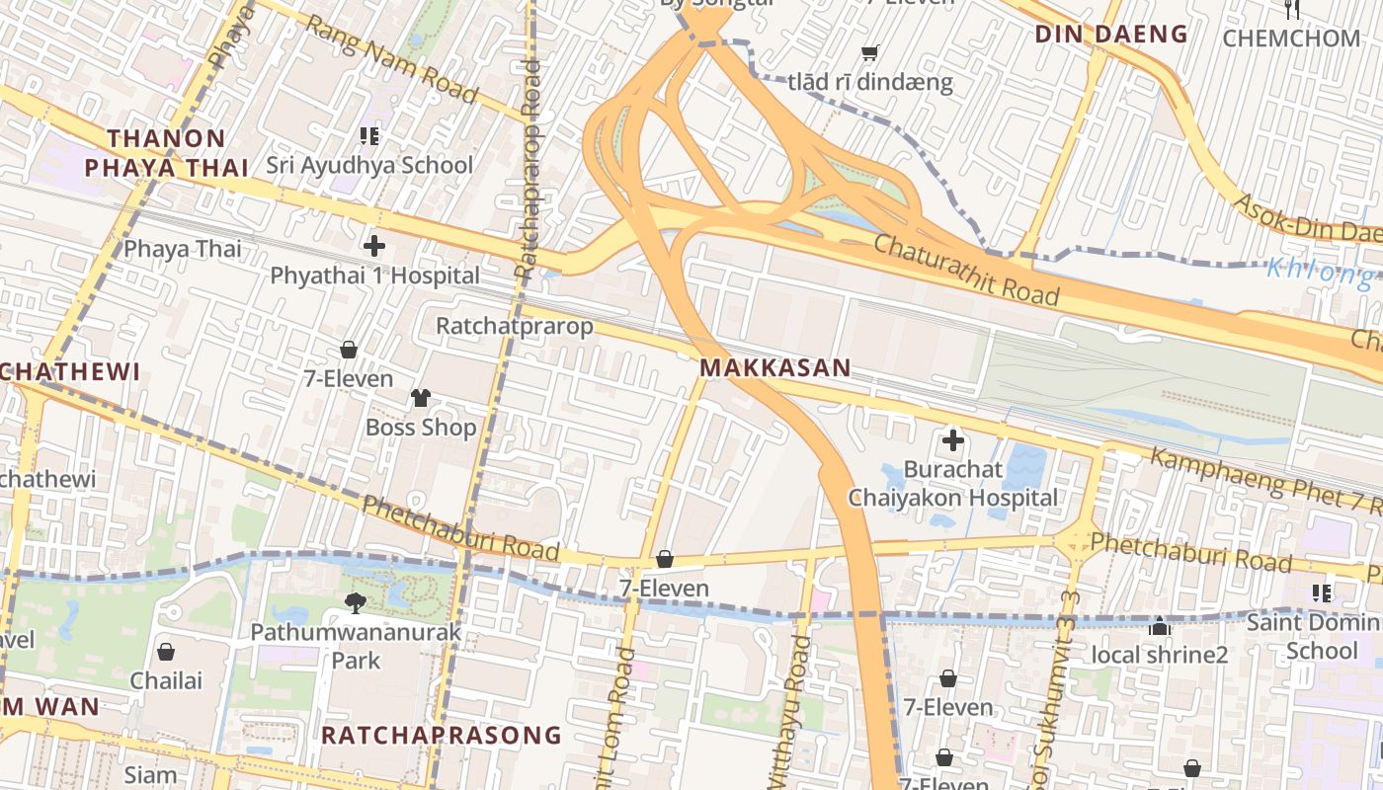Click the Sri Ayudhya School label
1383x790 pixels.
pos(369,165)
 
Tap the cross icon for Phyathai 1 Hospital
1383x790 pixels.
pos(374,246)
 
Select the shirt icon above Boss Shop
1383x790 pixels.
pos(421,398)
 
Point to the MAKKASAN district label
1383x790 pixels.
pos(774,368)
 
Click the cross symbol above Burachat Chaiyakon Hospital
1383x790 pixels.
pos(952,440)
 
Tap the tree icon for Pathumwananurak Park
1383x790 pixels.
pos(355,602)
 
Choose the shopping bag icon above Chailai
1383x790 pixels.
pos(166,652)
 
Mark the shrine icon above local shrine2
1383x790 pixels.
pos(1160,626)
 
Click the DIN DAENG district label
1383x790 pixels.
pos(1110,35)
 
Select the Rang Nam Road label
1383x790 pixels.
pos(392,58)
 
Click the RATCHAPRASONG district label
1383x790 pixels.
pos(441,736)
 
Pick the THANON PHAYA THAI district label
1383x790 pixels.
pos(167,153)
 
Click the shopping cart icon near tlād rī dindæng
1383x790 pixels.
pos(869,53)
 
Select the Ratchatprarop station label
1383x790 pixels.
pos(515,326)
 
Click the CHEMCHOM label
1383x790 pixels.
pos(1291,39)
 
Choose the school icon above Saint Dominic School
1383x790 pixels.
pos(1322,592)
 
